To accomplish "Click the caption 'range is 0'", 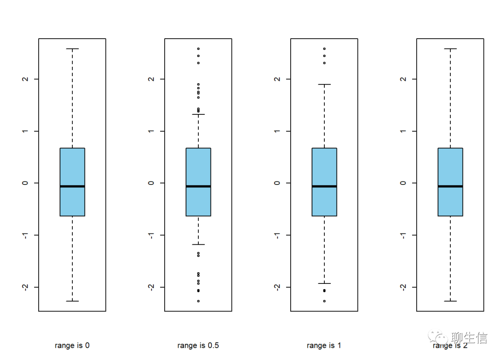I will (x=72, y=346).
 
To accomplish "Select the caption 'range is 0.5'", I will (x=198, y=346).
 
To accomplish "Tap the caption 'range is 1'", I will (x=324, y=346).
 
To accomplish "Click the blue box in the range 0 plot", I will (x=72, y=168).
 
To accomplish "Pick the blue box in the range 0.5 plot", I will (x=198, y=168).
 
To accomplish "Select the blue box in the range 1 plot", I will (x=324, y=168).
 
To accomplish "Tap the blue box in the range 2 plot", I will (x=450, y=168).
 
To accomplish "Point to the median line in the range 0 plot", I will (x=72, y=186).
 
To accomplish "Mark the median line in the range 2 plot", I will (x=450, y=186).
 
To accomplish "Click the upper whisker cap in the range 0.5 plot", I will (x=198, y=114).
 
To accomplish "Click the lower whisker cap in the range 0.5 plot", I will (x=198, y=244).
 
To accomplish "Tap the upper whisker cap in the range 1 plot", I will (x=324, y=85).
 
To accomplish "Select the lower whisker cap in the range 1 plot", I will (x=324, y=283).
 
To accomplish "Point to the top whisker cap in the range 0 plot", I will (x=72, y=49).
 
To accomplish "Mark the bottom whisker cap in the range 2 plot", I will (x=450, y=301).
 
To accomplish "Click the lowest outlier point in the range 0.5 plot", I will (x=198, y=301).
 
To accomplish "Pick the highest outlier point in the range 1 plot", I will (x=324, y=49).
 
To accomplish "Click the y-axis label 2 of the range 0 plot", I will (x=25, y=79).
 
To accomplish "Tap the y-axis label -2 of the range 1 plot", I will (x=277, y=287).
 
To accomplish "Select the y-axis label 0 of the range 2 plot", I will (x=403, y=183).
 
